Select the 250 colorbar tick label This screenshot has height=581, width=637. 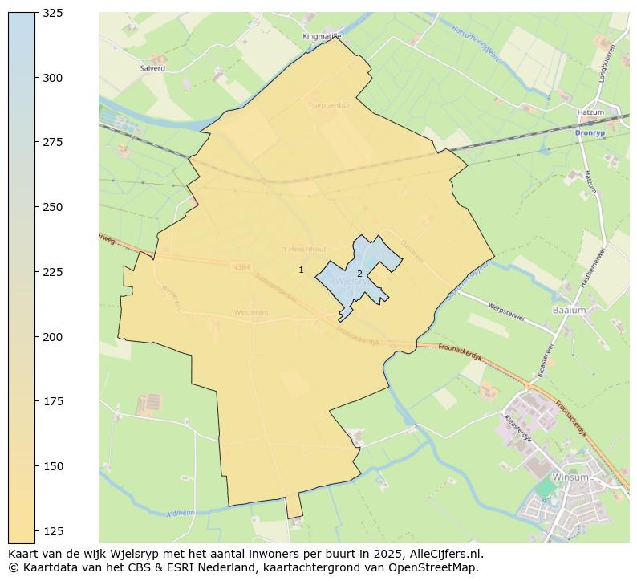pyautogui.click(x=52, y=207)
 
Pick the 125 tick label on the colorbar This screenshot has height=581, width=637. pyautogui.click(x=52, y=531)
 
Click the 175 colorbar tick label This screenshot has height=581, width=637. pyautogui.click(x=52, y=401)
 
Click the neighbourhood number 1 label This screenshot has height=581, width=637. pyautogui.click(x=301, y=270)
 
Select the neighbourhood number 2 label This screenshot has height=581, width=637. pyautogui.click(x=359, y=274)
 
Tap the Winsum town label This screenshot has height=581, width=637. pyautogui.click(x=570, y=477)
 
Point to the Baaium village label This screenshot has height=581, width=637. pyautogui.click(x=569, y=309)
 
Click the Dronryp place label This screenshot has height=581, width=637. pyautogui.click(x=590, y=132)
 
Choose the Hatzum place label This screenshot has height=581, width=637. pyautogui.click(x=590, y=112)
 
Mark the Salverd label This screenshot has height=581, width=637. pyautogui.click(x=152, y=68)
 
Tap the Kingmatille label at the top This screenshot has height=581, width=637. pyautogui.click(x=322, y=36)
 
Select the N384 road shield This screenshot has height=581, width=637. pyautogui.click(x=241, y=266)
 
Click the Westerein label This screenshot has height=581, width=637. pyautogui.click(x=250, y=312)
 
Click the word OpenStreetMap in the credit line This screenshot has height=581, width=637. pyautogui.click(x=436, y=567)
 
